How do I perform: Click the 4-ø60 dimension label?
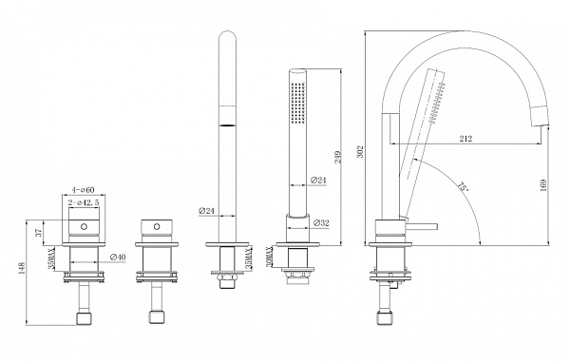pyautogui.click(x=83, y=190)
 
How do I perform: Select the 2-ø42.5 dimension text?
pyautogui.click(x=84, y=202)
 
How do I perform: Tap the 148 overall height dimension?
pyautogui.click(x=22, y=268)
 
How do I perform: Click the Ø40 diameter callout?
pyautogui.click(x=118, y=258)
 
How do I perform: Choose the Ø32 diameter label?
pyautogui.click(x=321, y=223)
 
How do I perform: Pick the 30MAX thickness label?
pyautogui.click(x=270, y=258)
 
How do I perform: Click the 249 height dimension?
pyautogui.click(x=337, y=157)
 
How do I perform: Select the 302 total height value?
pyautogui.click(x=360, y=152)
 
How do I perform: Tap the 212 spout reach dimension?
pyautogui.click(x=465, y=139)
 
